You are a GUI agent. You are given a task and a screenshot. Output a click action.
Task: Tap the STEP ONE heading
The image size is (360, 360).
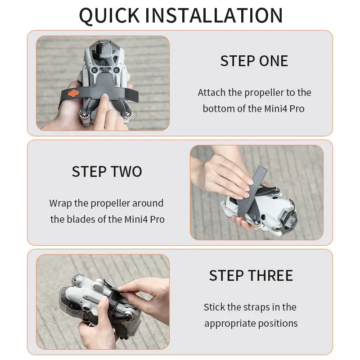pos(254,61)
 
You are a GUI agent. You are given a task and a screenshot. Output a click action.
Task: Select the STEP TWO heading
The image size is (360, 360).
pos(107,171)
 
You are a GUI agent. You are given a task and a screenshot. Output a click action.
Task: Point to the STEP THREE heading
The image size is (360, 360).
pos(251,275)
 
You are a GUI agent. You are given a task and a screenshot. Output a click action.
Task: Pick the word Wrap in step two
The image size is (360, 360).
pos(60,203)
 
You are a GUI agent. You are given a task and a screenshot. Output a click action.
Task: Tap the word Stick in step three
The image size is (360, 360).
pos(214,307)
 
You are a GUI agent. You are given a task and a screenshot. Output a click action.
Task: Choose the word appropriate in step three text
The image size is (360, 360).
pos(232,323)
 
